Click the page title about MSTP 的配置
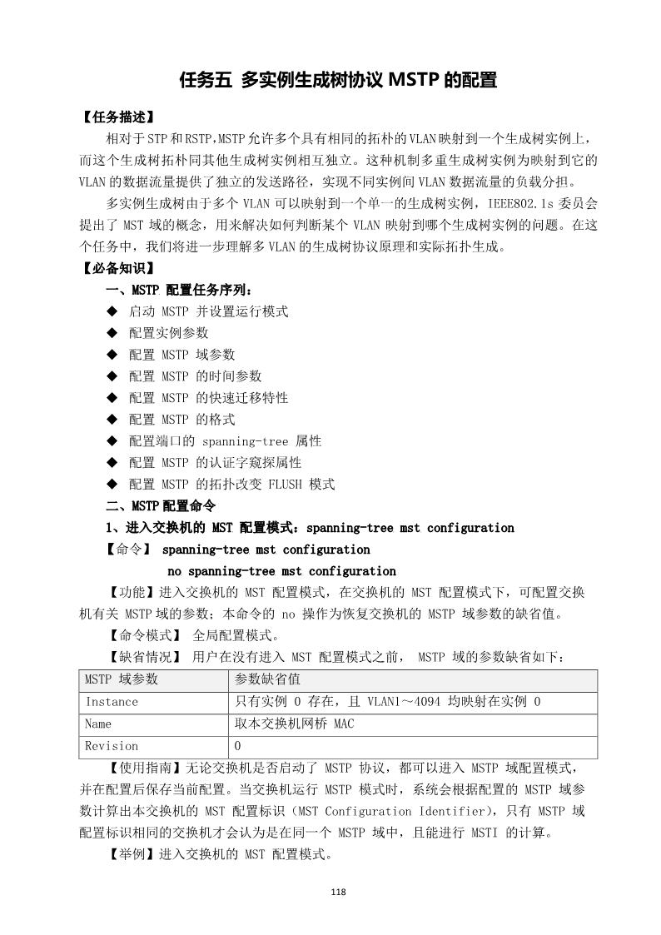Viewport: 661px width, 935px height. (x=338, y=81)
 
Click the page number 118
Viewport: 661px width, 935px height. (x=337, y=893)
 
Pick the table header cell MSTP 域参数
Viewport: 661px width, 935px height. (x=122, y=679)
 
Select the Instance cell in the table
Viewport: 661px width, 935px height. (x=112, y=702)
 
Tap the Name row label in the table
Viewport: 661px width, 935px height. (x=98, y=724)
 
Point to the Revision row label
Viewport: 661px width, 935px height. (x=112, y=746)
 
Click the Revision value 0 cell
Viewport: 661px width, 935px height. (x=238, y=746)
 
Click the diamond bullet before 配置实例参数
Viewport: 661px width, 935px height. (x=112, y=333)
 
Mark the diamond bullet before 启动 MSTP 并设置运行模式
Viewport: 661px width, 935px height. (x=112, y=311)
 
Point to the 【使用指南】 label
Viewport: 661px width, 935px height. (x=132, y=767)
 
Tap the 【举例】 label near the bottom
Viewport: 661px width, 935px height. (x=126, y=854)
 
